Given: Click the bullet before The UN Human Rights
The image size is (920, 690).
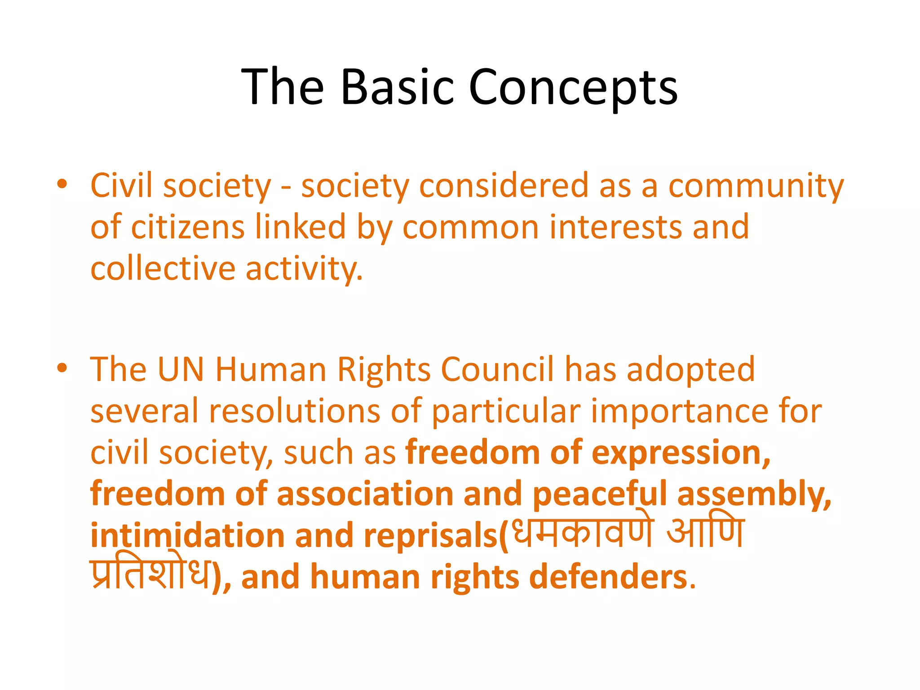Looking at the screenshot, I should (x=62, y=368).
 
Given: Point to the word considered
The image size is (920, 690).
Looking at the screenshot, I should (x=504, y=186).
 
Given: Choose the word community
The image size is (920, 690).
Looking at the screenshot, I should (x=756, y=186).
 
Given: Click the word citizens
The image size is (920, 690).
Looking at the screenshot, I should (x=188, y=227).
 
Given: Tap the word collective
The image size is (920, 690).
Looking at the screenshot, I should (x=163, y=268).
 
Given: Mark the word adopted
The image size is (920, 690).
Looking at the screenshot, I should (x=690, y=369).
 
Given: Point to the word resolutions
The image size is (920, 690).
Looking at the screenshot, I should (x=295, y=411).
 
